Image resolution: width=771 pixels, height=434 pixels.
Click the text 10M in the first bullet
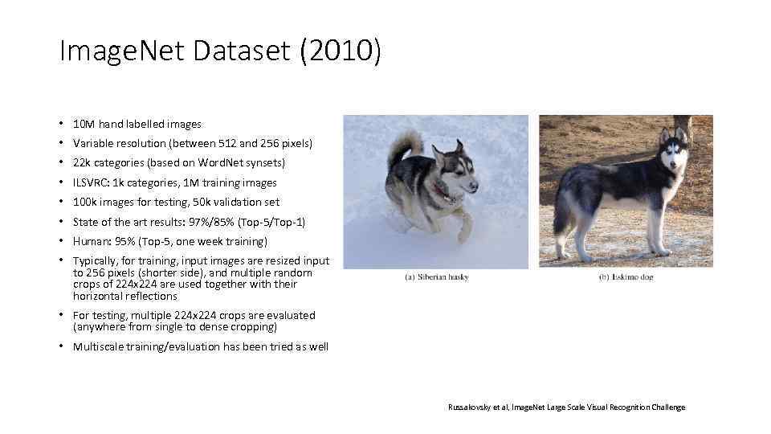click(x=84, y=125)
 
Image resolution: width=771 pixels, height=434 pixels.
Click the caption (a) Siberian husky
click(x=436, y=277)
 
